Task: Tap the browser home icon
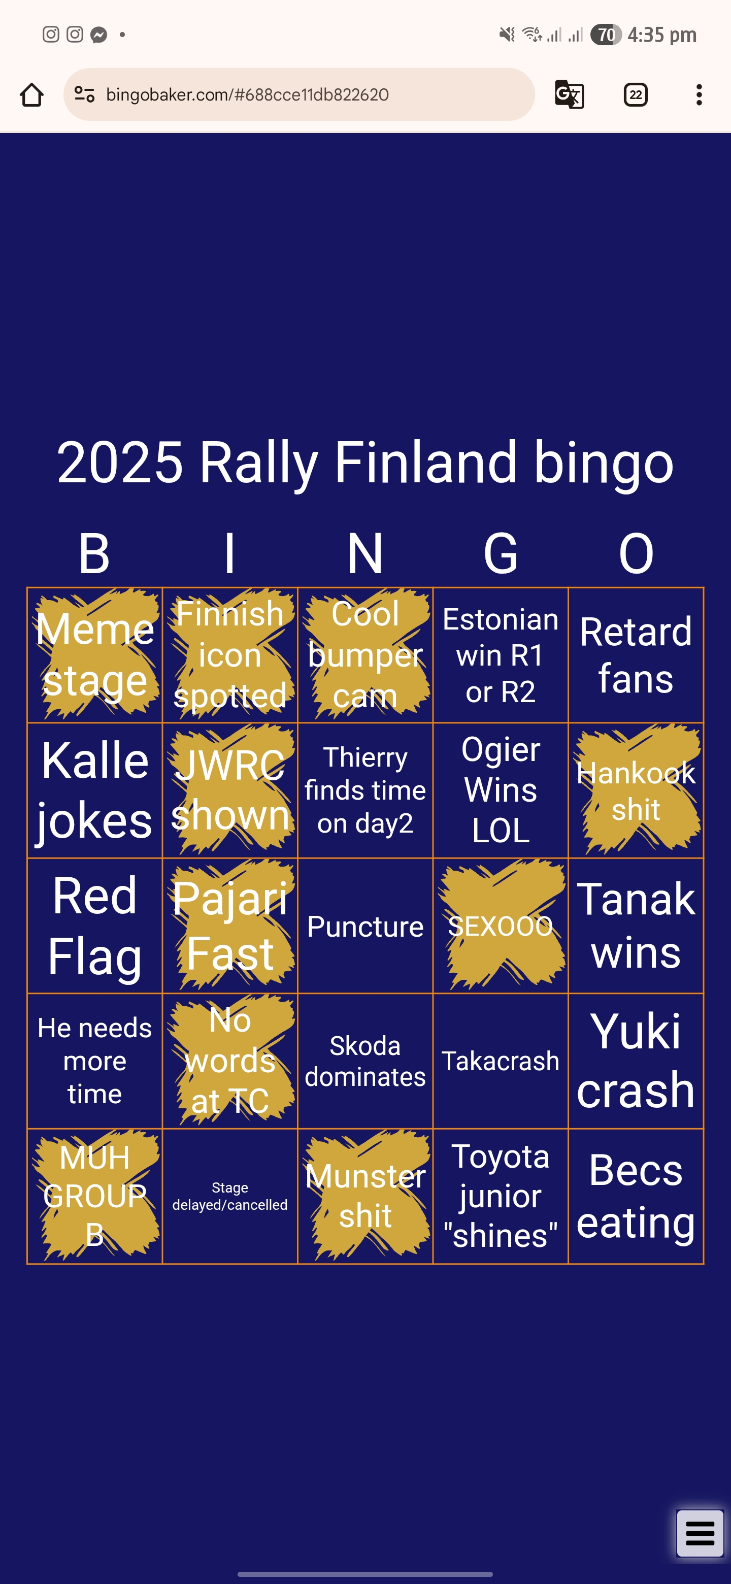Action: tap(31, 95)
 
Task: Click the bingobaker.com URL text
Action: tap(247, 95)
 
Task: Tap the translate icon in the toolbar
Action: tap(569, 95)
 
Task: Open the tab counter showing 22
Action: tap(636, 95)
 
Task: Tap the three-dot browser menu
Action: tap(699, 95)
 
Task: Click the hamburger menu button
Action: tap(700, 1533)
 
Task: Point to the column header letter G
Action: tap(501, 553)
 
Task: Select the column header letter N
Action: tap(365, 553)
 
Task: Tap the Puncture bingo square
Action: tap(365, 926)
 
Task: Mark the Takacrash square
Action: tap(501, 1061)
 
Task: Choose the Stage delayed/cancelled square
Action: tap(230, 1196)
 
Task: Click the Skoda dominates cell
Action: tap(365, 1061)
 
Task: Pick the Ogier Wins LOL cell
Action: tap(501, 790)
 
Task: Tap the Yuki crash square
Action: tap(636, 1061)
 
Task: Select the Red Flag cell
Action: tap(95, 926)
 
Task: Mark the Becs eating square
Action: tap(636, 1196)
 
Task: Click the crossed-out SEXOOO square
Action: tap(501, 926)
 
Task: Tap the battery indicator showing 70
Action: tap(606, 35)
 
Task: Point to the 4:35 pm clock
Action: tap(662, 35)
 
